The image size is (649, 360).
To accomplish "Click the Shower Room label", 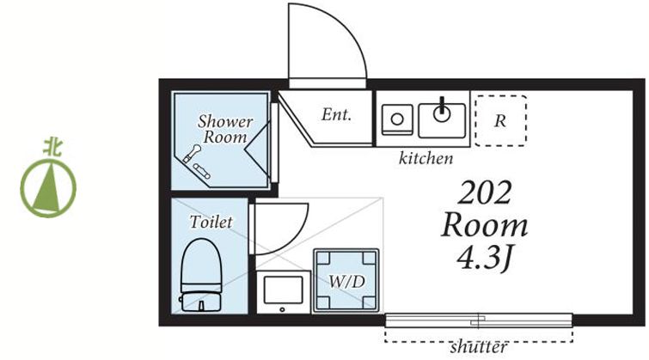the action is (x=224, y=129).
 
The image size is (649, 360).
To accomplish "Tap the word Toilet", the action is (x=211, y=223).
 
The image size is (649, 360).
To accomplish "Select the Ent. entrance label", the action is (x=336, y=114).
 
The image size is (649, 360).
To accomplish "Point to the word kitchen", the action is (x=426, y=158).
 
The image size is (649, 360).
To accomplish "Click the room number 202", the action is (x=484, y=192).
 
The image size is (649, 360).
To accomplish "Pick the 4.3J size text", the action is (x=485, y=258).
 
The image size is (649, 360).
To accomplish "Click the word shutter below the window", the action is (x=479, y=347).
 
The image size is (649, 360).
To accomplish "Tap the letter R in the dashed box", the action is (x=500, y=121).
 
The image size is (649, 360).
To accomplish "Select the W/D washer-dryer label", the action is (x=346, y=282).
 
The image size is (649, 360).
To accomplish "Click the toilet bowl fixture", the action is (x=201, y=264).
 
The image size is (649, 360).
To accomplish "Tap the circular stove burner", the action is (x=397, y=119).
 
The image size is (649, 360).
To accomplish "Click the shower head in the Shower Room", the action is (x=192, y=154).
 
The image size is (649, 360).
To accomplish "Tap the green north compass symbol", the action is (x=48, y=189).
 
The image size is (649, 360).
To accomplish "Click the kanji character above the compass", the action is (x=52, y=148).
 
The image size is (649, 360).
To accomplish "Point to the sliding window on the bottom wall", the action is (x=479, y=320).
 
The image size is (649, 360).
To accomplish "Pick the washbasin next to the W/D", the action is (x=284, y=292).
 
